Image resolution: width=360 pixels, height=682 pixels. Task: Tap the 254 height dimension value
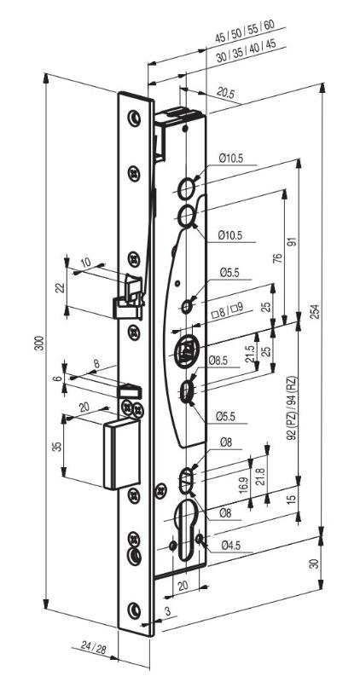[316, 310]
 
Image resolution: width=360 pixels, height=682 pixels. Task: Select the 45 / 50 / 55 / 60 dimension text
[245, 31]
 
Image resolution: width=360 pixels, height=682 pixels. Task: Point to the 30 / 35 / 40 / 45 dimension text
[246, 51]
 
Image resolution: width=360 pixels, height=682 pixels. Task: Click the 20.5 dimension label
[225, 92]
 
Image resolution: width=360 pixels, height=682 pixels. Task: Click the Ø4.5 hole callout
[231, 544]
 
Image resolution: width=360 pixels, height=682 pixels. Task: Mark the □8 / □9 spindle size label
[227, 310]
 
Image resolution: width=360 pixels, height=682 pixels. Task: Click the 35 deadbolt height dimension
[57, 447]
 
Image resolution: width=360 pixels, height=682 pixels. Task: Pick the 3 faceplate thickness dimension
[167, 611]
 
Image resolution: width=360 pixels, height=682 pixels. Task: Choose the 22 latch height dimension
[61, 287]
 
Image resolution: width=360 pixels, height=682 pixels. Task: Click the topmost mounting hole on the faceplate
[135, 118]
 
